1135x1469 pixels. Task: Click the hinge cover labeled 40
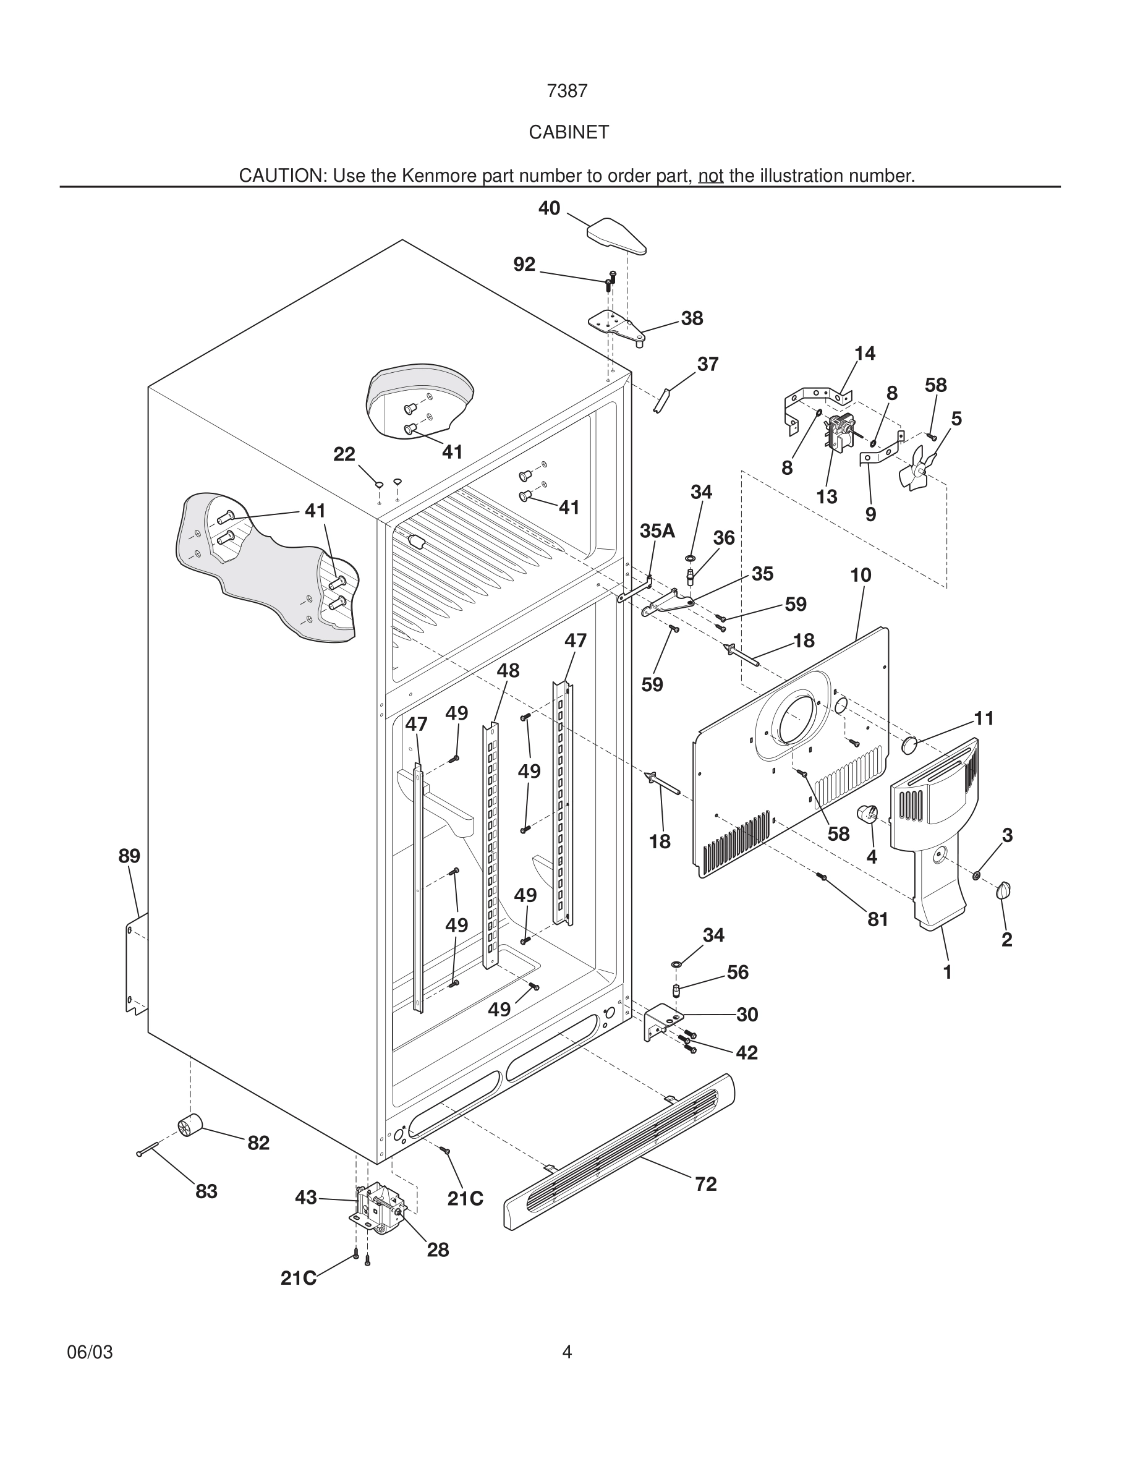pyautogui.click(x=616, y=236)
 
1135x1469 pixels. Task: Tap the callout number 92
pyautogui.click(x=524, y=265)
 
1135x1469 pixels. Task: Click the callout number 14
pyautogui.click(x=865, y=354)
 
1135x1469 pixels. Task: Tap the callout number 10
pyautogui.click(x=861, y=575)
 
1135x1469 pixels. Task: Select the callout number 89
pyautogui.click(x=129, y=856)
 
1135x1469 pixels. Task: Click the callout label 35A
pyautogui.click(x=657, y=530)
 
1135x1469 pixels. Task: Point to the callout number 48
pyautogui.click(x=508, y=671)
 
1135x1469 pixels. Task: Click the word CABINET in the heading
pyautogui.click(x=568, y=132)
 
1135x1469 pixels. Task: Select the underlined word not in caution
pyautogui.click(x=710, y=176)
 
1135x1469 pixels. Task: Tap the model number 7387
pyautogui.click(x=567, y=92)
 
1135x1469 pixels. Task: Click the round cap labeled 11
pyautogui.click(x=909, y=744)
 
